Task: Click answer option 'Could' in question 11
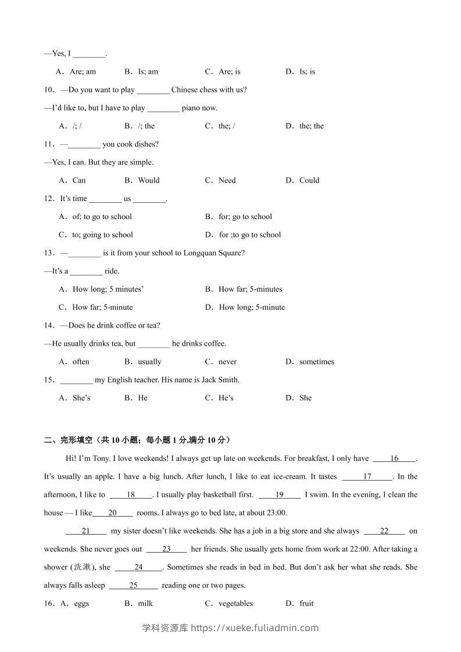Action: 309,180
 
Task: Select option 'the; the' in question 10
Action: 311,126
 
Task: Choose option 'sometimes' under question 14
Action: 316,361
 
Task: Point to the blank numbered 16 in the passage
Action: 394,458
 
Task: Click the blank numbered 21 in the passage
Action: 85,531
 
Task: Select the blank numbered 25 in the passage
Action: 133,585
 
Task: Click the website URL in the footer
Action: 255,628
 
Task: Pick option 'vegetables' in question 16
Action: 235,603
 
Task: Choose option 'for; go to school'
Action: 245,217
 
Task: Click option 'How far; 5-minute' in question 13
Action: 102,307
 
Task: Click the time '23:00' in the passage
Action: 275,513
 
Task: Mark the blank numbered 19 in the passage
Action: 279,495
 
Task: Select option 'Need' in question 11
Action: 227,180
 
